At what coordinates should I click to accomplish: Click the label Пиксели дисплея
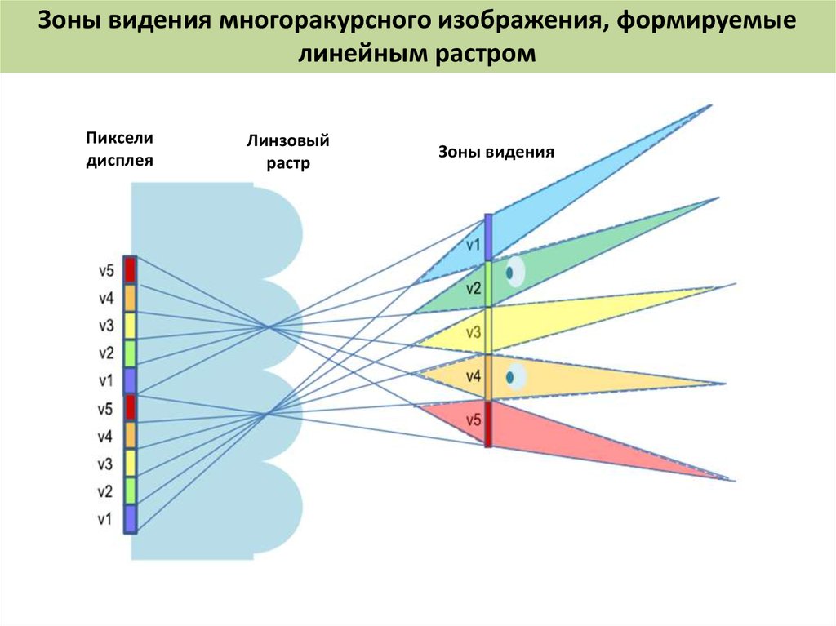tap(119, 149)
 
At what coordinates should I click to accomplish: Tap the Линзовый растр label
tap(288, 152)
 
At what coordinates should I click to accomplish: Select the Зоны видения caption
tap(496, 152)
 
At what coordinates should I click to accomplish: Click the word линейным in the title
tap(363, 54)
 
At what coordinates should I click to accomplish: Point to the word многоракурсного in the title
tap(326, 20)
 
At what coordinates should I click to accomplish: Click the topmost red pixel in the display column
tap(130, 270)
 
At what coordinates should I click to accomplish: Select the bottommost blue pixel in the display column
tap(130, 519)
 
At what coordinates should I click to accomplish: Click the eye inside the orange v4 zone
tap(515, 377)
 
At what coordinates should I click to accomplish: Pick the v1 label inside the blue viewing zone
tap(473, 245)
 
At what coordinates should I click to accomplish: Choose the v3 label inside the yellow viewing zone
tap(474, 333)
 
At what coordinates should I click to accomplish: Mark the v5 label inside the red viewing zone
tap(474, 420)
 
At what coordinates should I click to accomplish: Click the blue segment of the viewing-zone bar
tap(488, 238)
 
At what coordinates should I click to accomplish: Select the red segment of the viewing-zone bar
tap(488, 424)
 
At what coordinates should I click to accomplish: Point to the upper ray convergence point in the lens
tap(268, 326)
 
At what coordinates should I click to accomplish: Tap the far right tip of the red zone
tap(735, 481)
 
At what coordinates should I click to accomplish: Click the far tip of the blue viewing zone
tap(711, 105)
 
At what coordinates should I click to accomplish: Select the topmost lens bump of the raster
tap(278, 233)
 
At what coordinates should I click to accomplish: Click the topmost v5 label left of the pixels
tap(106, 271)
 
